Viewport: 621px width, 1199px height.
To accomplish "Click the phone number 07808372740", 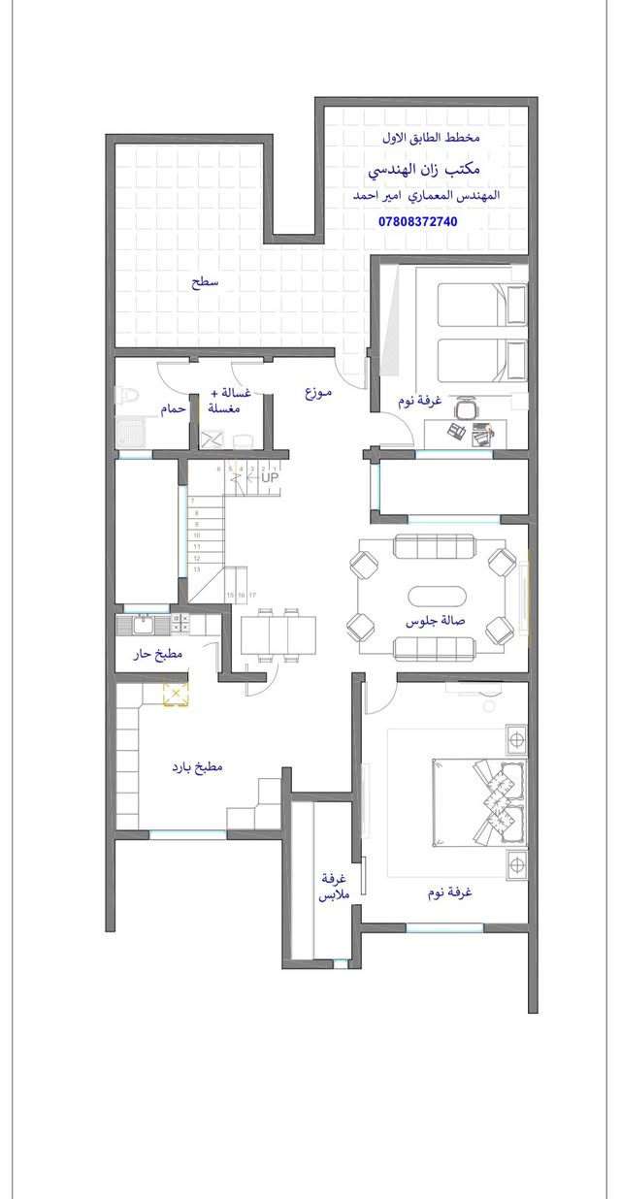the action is coord(417,221).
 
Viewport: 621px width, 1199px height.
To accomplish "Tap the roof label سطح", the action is coord(205,282).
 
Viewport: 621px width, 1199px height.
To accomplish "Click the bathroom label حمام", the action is coord(173,409).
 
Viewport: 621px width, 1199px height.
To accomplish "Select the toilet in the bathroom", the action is coord(127,396).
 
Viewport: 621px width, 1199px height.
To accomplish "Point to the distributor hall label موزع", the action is coord(318,392).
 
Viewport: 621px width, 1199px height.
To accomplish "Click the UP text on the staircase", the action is coord(270,477).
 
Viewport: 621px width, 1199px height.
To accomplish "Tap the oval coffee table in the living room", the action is coord(437,596).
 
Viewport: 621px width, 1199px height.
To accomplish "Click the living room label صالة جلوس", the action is coord(435,621).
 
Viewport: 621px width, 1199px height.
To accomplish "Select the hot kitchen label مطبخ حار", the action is coord(157,654).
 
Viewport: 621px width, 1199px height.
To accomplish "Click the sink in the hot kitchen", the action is coord(142,624).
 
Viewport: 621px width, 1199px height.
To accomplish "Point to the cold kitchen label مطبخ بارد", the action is coord(197,767).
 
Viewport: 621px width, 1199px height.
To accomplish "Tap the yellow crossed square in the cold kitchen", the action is coord(176,694).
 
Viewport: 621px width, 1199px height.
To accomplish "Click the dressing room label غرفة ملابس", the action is coord(334,887).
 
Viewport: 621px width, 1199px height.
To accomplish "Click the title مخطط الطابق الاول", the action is coord(431,138).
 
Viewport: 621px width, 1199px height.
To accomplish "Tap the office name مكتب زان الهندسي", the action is coord(423,170).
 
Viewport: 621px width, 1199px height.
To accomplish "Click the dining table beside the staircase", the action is coord(278,635).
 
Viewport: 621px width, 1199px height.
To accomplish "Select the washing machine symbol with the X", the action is coord(212,438).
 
